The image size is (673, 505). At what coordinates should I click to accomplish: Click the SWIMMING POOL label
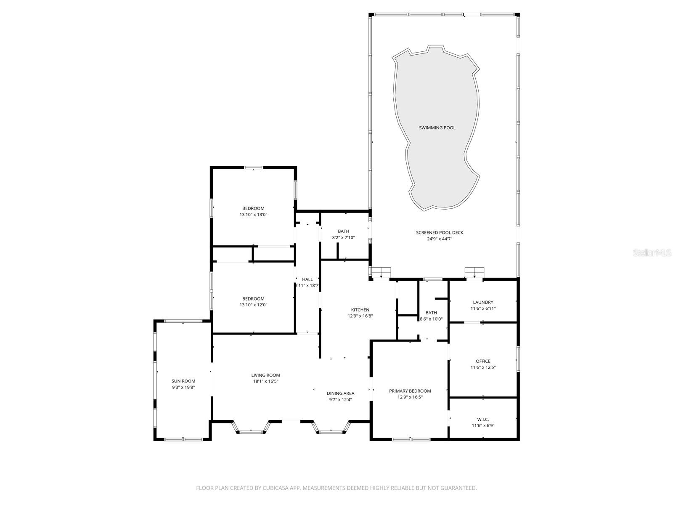pos(437,128)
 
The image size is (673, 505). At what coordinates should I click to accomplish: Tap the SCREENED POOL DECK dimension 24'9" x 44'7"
pos(440,239)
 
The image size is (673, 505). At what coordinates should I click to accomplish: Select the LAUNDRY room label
pos(483,302)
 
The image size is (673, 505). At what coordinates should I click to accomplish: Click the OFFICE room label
pos(483,361)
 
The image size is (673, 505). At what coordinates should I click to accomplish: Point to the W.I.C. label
pos(483,419)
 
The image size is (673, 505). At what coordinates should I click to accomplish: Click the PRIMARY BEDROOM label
pos(410,391)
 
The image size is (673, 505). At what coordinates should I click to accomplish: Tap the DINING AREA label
pos(340,393)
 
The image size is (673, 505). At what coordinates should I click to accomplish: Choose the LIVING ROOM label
pos(265,375)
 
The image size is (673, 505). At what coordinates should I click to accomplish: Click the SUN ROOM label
pos(183,381)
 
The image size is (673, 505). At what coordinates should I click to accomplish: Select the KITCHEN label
pos(360,310)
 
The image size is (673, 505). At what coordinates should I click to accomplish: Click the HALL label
pos(307,279)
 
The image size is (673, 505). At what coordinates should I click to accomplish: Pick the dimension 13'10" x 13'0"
pos(253,215)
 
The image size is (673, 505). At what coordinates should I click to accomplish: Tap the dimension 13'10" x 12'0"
pos(253,305)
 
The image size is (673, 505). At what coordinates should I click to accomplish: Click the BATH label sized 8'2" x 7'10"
pos(343,231)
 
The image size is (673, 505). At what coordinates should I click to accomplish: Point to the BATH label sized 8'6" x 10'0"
pos(431,313)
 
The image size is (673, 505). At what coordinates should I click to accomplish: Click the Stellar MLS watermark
pos(652,253)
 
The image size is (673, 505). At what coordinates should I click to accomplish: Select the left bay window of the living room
pos(251,427)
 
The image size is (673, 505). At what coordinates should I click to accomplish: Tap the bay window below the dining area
pos(331,427)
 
